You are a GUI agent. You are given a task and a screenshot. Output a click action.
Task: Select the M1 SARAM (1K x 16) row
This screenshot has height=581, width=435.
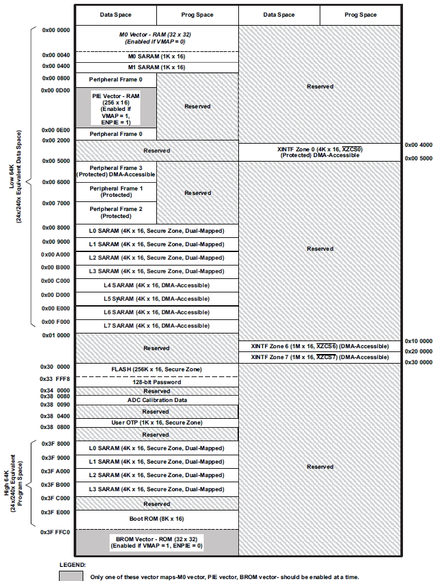click(157, 67)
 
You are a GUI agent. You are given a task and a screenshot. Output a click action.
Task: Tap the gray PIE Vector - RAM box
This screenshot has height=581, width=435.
click(116, 107)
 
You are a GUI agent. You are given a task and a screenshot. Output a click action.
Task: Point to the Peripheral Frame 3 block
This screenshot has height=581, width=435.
click(116, 171)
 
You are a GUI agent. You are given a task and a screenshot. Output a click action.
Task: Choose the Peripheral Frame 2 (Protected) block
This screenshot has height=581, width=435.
click(116, 212)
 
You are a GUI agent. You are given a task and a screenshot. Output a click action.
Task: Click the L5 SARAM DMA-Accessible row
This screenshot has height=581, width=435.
click(157, 299)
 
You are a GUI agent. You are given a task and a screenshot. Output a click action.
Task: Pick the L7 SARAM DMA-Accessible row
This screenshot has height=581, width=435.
click(157, 326)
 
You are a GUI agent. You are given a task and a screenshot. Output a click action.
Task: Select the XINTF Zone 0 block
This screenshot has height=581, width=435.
click(318, 152)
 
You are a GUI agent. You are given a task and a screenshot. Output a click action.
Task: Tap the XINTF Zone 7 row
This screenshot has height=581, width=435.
click(318, 357)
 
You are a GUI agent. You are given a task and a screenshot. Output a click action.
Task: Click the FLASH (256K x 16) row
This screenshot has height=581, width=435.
click(157, 369)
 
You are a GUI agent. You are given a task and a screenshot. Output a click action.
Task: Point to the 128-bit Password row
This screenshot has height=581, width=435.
click(157, 382)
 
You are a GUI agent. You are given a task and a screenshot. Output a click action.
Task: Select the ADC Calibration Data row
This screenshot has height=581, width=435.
click(157, 400)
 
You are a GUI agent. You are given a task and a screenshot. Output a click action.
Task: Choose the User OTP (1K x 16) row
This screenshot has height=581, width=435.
click(157, 423)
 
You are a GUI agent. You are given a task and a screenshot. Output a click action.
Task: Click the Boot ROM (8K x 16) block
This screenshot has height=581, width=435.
click(157, 518)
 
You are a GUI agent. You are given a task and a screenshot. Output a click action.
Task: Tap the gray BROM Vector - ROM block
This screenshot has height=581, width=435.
click(157, 542)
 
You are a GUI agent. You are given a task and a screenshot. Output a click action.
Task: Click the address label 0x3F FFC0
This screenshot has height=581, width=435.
click(55, 532)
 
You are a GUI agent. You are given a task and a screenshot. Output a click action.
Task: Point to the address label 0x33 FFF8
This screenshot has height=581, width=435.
click(55, 378)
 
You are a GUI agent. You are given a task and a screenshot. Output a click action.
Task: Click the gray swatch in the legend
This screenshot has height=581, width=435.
click(70, 576)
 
